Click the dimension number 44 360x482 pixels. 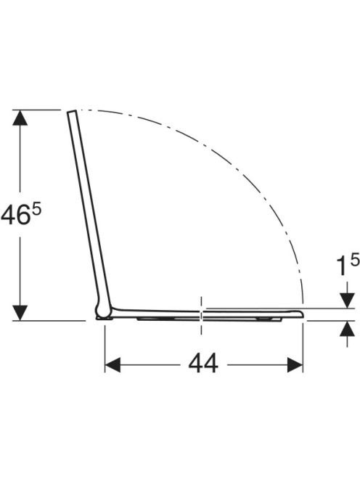click(x=203, y=364)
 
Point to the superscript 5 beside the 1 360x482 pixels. click(x=354, y=261)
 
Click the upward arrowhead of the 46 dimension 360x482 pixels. click(x=20, y=118)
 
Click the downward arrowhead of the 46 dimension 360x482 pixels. click(x=20, y=313)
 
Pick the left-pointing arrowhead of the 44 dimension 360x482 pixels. click(x=112, y=365)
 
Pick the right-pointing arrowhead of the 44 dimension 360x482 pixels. click(x=295, y=365)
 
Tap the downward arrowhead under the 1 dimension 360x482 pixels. click(x=348, y=301)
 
